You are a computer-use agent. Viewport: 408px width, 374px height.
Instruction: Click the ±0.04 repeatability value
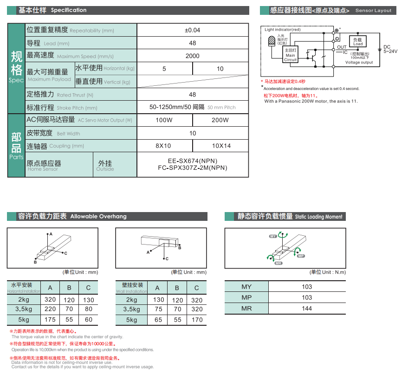pyautogui.click(x=193, y=30)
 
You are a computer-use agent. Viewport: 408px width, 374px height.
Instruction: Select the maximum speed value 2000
pyautogui.click(x=193, y=56)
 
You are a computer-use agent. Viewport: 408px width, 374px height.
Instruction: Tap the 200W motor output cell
pyautogui.click(x=220, y=120)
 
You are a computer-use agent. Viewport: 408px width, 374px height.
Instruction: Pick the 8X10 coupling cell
pyautogui.click(x=163, y=146)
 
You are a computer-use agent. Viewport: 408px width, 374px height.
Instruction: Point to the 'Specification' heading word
pyautogui.click(x=69, y=10)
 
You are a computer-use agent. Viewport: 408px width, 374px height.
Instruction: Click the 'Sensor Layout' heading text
pyautogui.click(x=373, y=10)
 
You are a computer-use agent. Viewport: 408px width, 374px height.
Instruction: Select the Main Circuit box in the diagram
pyautogui.click(x=291, y=54)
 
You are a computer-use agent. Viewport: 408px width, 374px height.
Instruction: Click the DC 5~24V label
pyautogui.click(x=389, y=49)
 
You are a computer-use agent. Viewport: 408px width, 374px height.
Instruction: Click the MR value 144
pyautogui.click(x=307, y=309)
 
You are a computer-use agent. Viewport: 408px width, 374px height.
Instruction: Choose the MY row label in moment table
pyautogui.click(x=246, y=287)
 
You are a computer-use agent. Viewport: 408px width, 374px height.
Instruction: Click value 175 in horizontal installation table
pyautogui.click(x=50, y=320)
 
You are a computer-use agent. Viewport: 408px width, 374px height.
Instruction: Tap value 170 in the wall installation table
pyautogui.click(x=197, y=320)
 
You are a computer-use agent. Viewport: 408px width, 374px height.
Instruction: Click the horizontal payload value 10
pyautogui.click(x=220, y=69)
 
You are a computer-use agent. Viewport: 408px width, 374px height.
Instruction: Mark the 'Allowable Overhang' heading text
pyautogui.click(x=98, y=216)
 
